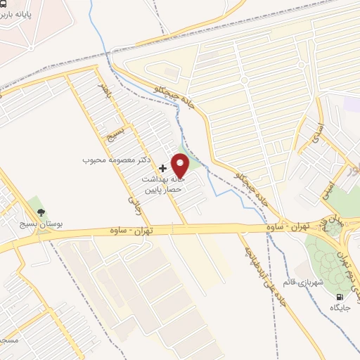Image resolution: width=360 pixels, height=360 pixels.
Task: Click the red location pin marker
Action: click(181, 165)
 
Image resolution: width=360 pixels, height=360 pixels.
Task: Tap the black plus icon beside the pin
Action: click(163, 168)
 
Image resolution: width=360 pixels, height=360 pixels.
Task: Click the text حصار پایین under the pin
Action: click(163, 190)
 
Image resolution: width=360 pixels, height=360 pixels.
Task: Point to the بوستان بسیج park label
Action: click(41, 224)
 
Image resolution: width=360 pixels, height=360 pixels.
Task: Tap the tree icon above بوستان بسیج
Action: click(41, 212)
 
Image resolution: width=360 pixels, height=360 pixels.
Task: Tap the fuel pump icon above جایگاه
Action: click(342, 297)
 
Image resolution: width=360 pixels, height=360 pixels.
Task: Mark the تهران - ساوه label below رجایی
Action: click(131, 230)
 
